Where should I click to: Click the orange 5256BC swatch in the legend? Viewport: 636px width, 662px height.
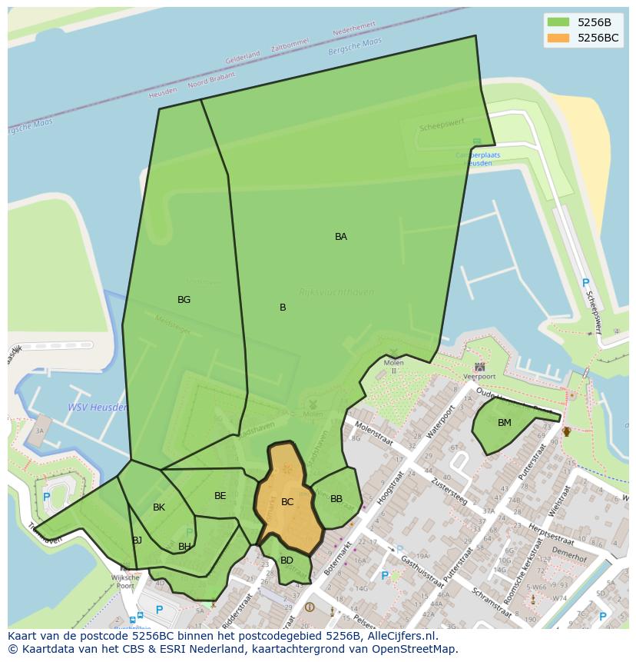(558, 38)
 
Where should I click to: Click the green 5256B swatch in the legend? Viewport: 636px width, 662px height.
(558, 22)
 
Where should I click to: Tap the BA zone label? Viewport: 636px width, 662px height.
(341, 237)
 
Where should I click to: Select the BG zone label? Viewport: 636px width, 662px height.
(184, 300)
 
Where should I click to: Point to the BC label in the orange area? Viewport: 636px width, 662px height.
(287, 502)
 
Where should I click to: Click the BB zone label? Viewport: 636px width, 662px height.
(336, 499)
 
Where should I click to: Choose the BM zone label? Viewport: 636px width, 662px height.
(505, 423)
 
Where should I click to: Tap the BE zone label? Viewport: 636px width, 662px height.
(220, 496)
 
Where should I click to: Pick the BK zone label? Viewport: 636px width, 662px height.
(159, 507)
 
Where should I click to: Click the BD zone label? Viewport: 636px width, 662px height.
(287, 561)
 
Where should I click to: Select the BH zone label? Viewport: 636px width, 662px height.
(184, 547)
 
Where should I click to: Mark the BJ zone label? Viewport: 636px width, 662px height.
(137, 541)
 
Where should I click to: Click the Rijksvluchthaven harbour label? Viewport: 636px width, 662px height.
(336, 292)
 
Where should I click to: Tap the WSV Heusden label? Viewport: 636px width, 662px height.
(98, 408)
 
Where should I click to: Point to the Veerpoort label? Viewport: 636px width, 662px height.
(479, 377)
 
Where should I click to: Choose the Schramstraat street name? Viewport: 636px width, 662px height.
(492, 604)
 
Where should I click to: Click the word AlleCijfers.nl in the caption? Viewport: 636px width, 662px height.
(400, 636)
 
